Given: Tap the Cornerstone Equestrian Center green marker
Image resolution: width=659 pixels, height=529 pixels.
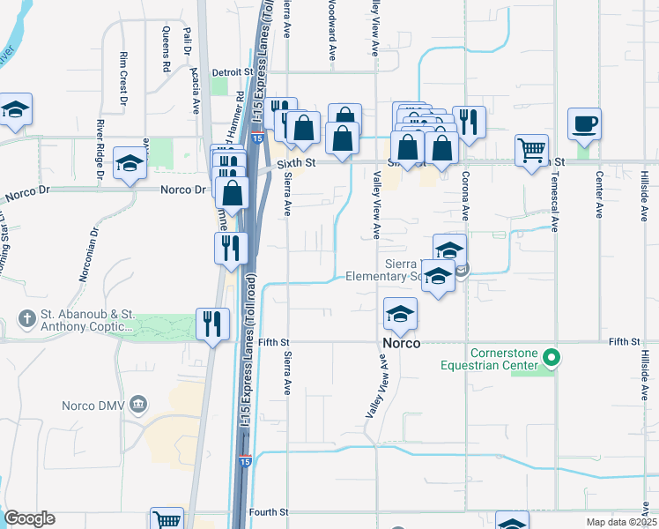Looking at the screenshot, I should [x=552, y=358].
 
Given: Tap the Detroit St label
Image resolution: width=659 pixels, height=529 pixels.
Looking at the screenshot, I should [x=233, y=71].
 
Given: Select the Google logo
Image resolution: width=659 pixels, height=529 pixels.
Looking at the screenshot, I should [x=29, y=518].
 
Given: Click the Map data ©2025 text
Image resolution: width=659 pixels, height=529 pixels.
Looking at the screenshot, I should [x=621, y=522].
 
